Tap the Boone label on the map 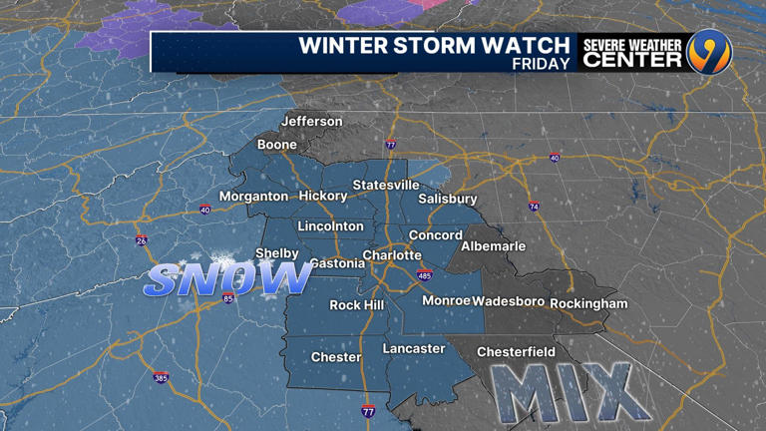(276, 145)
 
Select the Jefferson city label (311, 122)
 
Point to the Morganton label (253, 197)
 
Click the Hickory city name (323, 197)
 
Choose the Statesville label (385, 186)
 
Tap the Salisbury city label (448, 199)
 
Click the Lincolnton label (331, 226)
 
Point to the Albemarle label (493, 246)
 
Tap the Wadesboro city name (508, 302)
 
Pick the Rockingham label (588, 303)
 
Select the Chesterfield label (516, 352)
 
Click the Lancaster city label (414, 349)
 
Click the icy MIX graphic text (565, 392)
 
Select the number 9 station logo (709, 52)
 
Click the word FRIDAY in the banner (541, 63)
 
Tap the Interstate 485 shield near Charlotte (425, 274)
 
